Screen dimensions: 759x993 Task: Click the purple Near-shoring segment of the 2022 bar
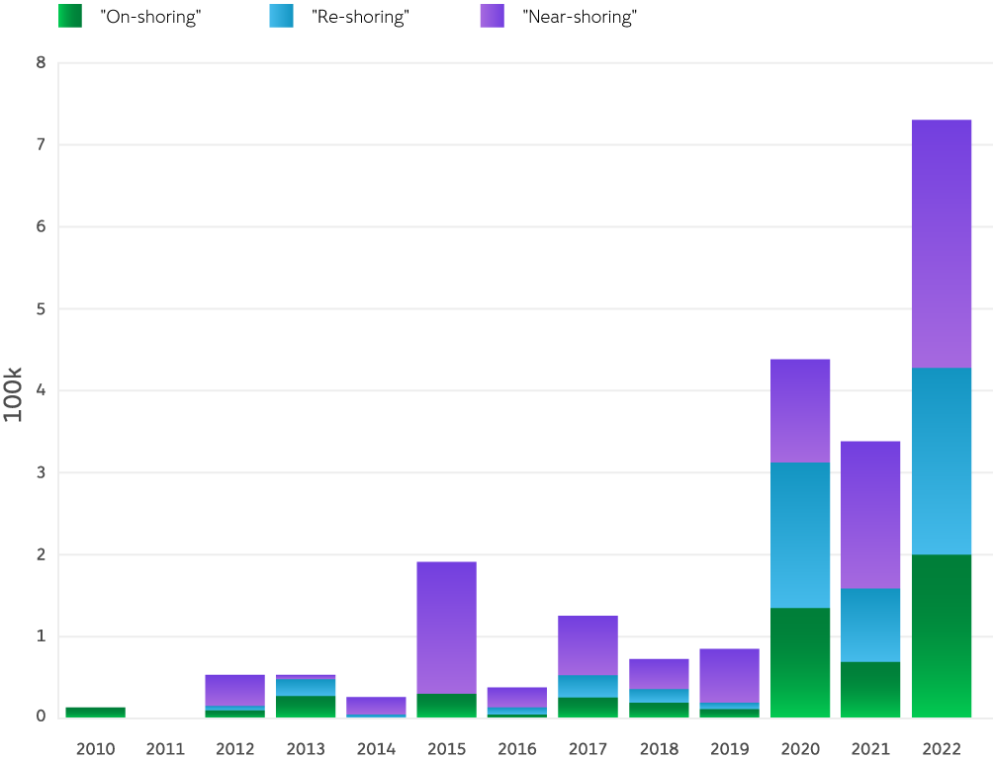click(941, 243)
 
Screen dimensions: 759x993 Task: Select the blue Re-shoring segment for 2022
click(941, 461)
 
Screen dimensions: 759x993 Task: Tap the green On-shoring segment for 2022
click(941, 635)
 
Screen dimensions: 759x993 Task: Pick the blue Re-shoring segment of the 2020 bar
click(800, 535)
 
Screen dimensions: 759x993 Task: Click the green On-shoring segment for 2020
click(800, 662)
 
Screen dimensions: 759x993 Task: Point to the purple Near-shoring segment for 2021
click(870, 514)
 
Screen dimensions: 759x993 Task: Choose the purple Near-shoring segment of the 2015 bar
click(447, 627)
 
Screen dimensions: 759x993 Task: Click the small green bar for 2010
click(95, 712)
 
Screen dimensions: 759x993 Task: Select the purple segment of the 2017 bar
click(587, 645)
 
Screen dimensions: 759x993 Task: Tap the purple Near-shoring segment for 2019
click(729, 675)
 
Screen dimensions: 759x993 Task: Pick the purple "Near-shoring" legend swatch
click(492, 16)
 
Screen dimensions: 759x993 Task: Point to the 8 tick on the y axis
click(41, 63)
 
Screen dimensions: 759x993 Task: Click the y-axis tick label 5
click(41, 309)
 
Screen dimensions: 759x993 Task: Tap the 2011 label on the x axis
click(165, 749)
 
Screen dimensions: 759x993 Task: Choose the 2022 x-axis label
click(941, 749)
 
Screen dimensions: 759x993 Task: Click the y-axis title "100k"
click(13, 394)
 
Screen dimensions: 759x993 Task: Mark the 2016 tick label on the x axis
click(517, 749)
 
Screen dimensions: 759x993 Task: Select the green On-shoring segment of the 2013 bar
click(306, 706)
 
